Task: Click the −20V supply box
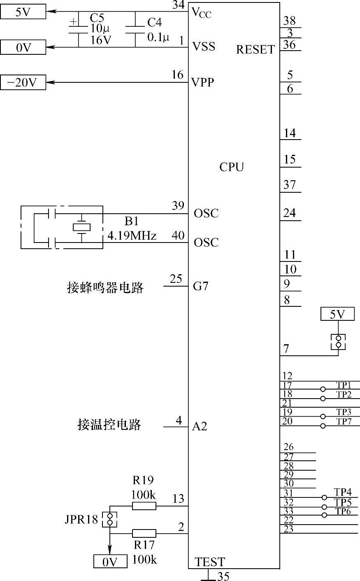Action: coord(23,83)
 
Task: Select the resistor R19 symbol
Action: coord(144,506)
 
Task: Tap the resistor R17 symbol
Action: coord(144,533)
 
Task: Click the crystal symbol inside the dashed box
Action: coord(82,227)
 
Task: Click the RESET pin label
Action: coord(255,50)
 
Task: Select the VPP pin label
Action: coord(203,82)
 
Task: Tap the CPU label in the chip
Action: coord(232,167)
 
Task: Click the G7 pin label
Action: coord(201,286)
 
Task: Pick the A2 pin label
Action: coord(200,427)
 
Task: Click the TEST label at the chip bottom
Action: coord(210,562)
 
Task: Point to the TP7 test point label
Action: coord(344,421)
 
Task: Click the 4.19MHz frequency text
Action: coord(132,236)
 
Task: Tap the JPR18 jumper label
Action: coord(81,520)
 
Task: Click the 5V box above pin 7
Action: coord(337,315)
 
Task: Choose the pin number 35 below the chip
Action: coord(223,576)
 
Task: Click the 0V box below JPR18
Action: coord(110,562)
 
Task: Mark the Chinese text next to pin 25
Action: coord(105,287)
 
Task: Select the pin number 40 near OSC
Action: coord(178,235)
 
